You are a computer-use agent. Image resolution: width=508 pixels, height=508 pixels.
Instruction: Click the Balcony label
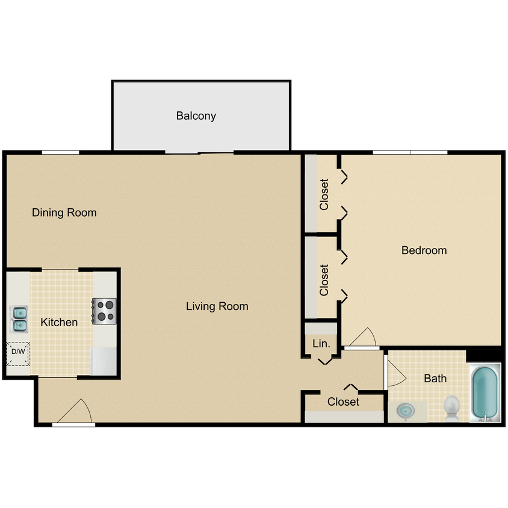point(196,116)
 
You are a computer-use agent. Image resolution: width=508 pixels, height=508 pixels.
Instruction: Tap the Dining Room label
point(64,212)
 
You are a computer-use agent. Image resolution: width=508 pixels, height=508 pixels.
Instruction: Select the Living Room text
point(217,306)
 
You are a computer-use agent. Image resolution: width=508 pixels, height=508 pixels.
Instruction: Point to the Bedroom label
point(424,250)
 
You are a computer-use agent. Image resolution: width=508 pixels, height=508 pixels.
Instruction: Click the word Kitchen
point(59,323)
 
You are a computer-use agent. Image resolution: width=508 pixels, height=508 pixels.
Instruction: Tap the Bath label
point(435,379)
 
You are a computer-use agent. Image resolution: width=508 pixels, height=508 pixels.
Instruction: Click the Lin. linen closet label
point(321,344)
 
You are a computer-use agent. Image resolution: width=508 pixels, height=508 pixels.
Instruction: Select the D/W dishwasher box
point(17,353)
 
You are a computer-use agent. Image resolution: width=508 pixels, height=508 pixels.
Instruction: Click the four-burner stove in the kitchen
point(104,311)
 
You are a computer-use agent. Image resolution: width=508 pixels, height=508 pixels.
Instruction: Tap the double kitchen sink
point(19,319)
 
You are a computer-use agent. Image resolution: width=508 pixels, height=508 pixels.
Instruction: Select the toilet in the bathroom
point(451,407)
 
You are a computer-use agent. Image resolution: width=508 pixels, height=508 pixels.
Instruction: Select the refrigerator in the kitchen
point(104,361)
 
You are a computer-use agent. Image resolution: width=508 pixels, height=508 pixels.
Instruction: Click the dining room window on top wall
point(60,153)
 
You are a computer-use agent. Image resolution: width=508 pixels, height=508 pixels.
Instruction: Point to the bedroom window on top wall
point(410,152)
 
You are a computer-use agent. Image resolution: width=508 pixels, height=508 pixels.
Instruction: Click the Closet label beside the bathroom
point(343,401)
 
